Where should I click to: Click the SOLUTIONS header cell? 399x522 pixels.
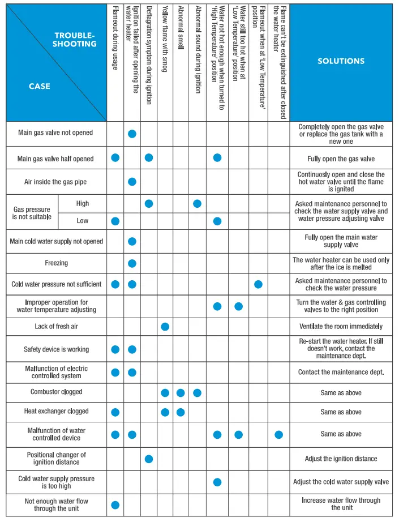point(341,61)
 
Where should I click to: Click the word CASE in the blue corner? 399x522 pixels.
point(40,87)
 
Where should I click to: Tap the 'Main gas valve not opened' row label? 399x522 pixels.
point(55,133)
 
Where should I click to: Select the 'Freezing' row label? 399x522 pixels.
point(56,263)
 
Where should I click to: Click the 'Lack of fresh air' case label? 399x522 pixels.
point(56,327)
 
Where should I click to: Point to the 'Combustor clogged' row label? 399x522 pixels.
point(56,392)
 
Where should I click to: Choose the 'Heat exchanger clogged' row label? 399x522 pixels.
point(56,412)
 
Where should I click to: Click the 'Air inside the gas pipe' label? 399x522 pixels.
point(56,182)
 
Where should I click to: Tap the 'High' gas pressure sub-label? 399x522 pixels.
point(83,203)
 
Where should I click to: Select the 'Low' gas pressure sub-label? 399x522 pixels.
point(83,220)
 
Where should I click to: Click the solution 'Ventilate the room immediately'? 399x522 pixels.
point(341,327)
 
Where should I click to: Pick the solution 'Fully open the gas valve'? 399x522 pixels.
point(341,159)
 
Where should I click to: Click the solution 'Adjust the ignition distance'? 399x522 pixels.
point(341,459)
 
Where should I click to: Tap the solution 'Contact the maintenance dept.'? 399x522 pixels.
point(341,372)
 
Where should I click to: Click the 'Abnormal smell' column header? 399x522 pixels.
point(181,28)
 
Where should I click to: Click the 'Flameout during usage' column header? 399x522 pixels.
point(115,37)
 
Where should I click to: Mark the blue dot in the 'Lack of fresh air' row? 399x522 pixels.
point(165,327)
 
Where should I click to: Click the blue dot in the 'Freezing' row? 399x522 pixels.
point(132,263)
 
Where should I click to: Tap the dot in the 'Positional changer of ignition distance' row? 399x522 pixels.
point(149,459)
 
